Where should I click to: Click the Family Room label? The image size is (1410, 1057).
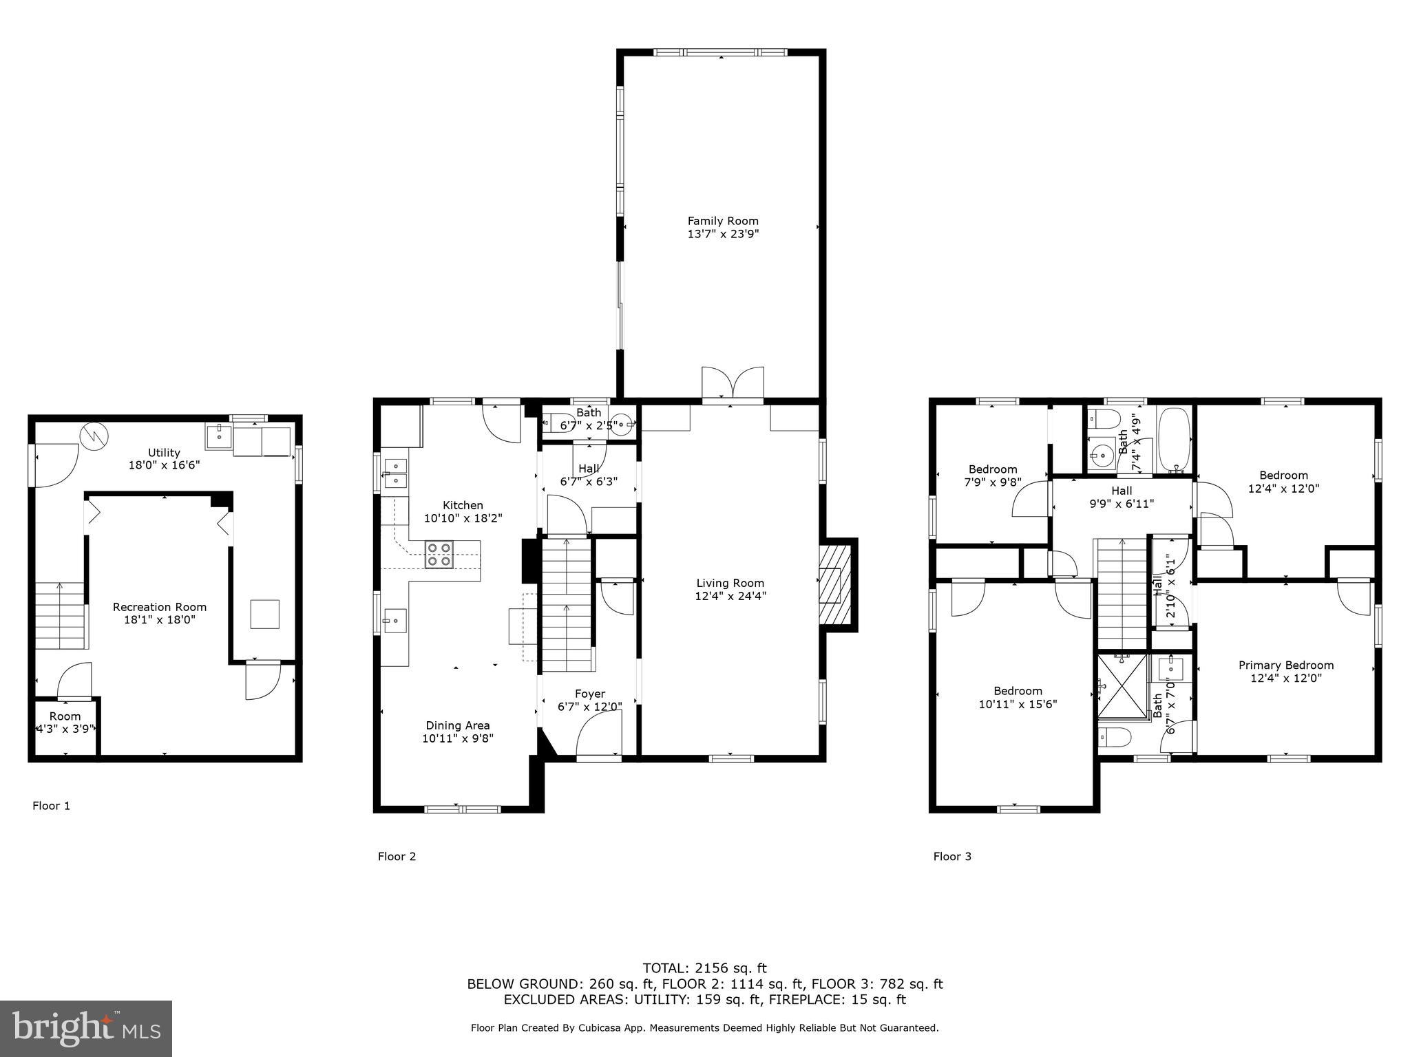tap(723, 221)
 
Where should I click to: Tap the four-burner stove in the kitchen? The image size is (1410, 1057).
tap(439, 555)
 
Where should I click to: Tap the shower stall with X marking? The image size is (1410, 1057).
tap(1123, 686)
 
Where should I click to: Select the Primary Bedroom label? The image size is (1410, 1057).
tap(1286, 665)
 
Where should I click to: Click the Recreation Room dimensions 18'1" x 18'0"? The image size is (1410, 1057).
tap(159, 619)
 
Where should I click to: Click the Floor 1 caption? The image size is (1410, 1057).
tap(52, 805)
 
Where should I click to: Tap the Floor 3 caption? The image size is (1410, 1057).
tap(952, 856)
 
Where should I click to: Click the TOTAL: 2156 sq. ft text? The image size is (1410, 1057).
tap(704, 968)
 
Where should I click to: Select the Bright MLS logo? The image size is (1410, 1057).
tap(86, 1029)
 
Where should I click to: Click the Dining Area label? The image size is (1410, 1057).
tap(458, 725)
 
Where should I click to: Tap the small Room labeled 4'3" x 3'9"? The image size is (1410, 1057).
tap(65, 723)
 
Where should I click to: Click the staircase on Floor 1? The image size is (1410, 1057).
tap(61, 615)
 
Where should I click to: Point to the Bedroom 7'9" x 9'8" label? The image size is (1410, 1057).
tap(992, 476)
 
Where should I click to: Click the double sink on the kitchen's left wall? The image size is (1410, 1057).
tap(395, 473)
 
